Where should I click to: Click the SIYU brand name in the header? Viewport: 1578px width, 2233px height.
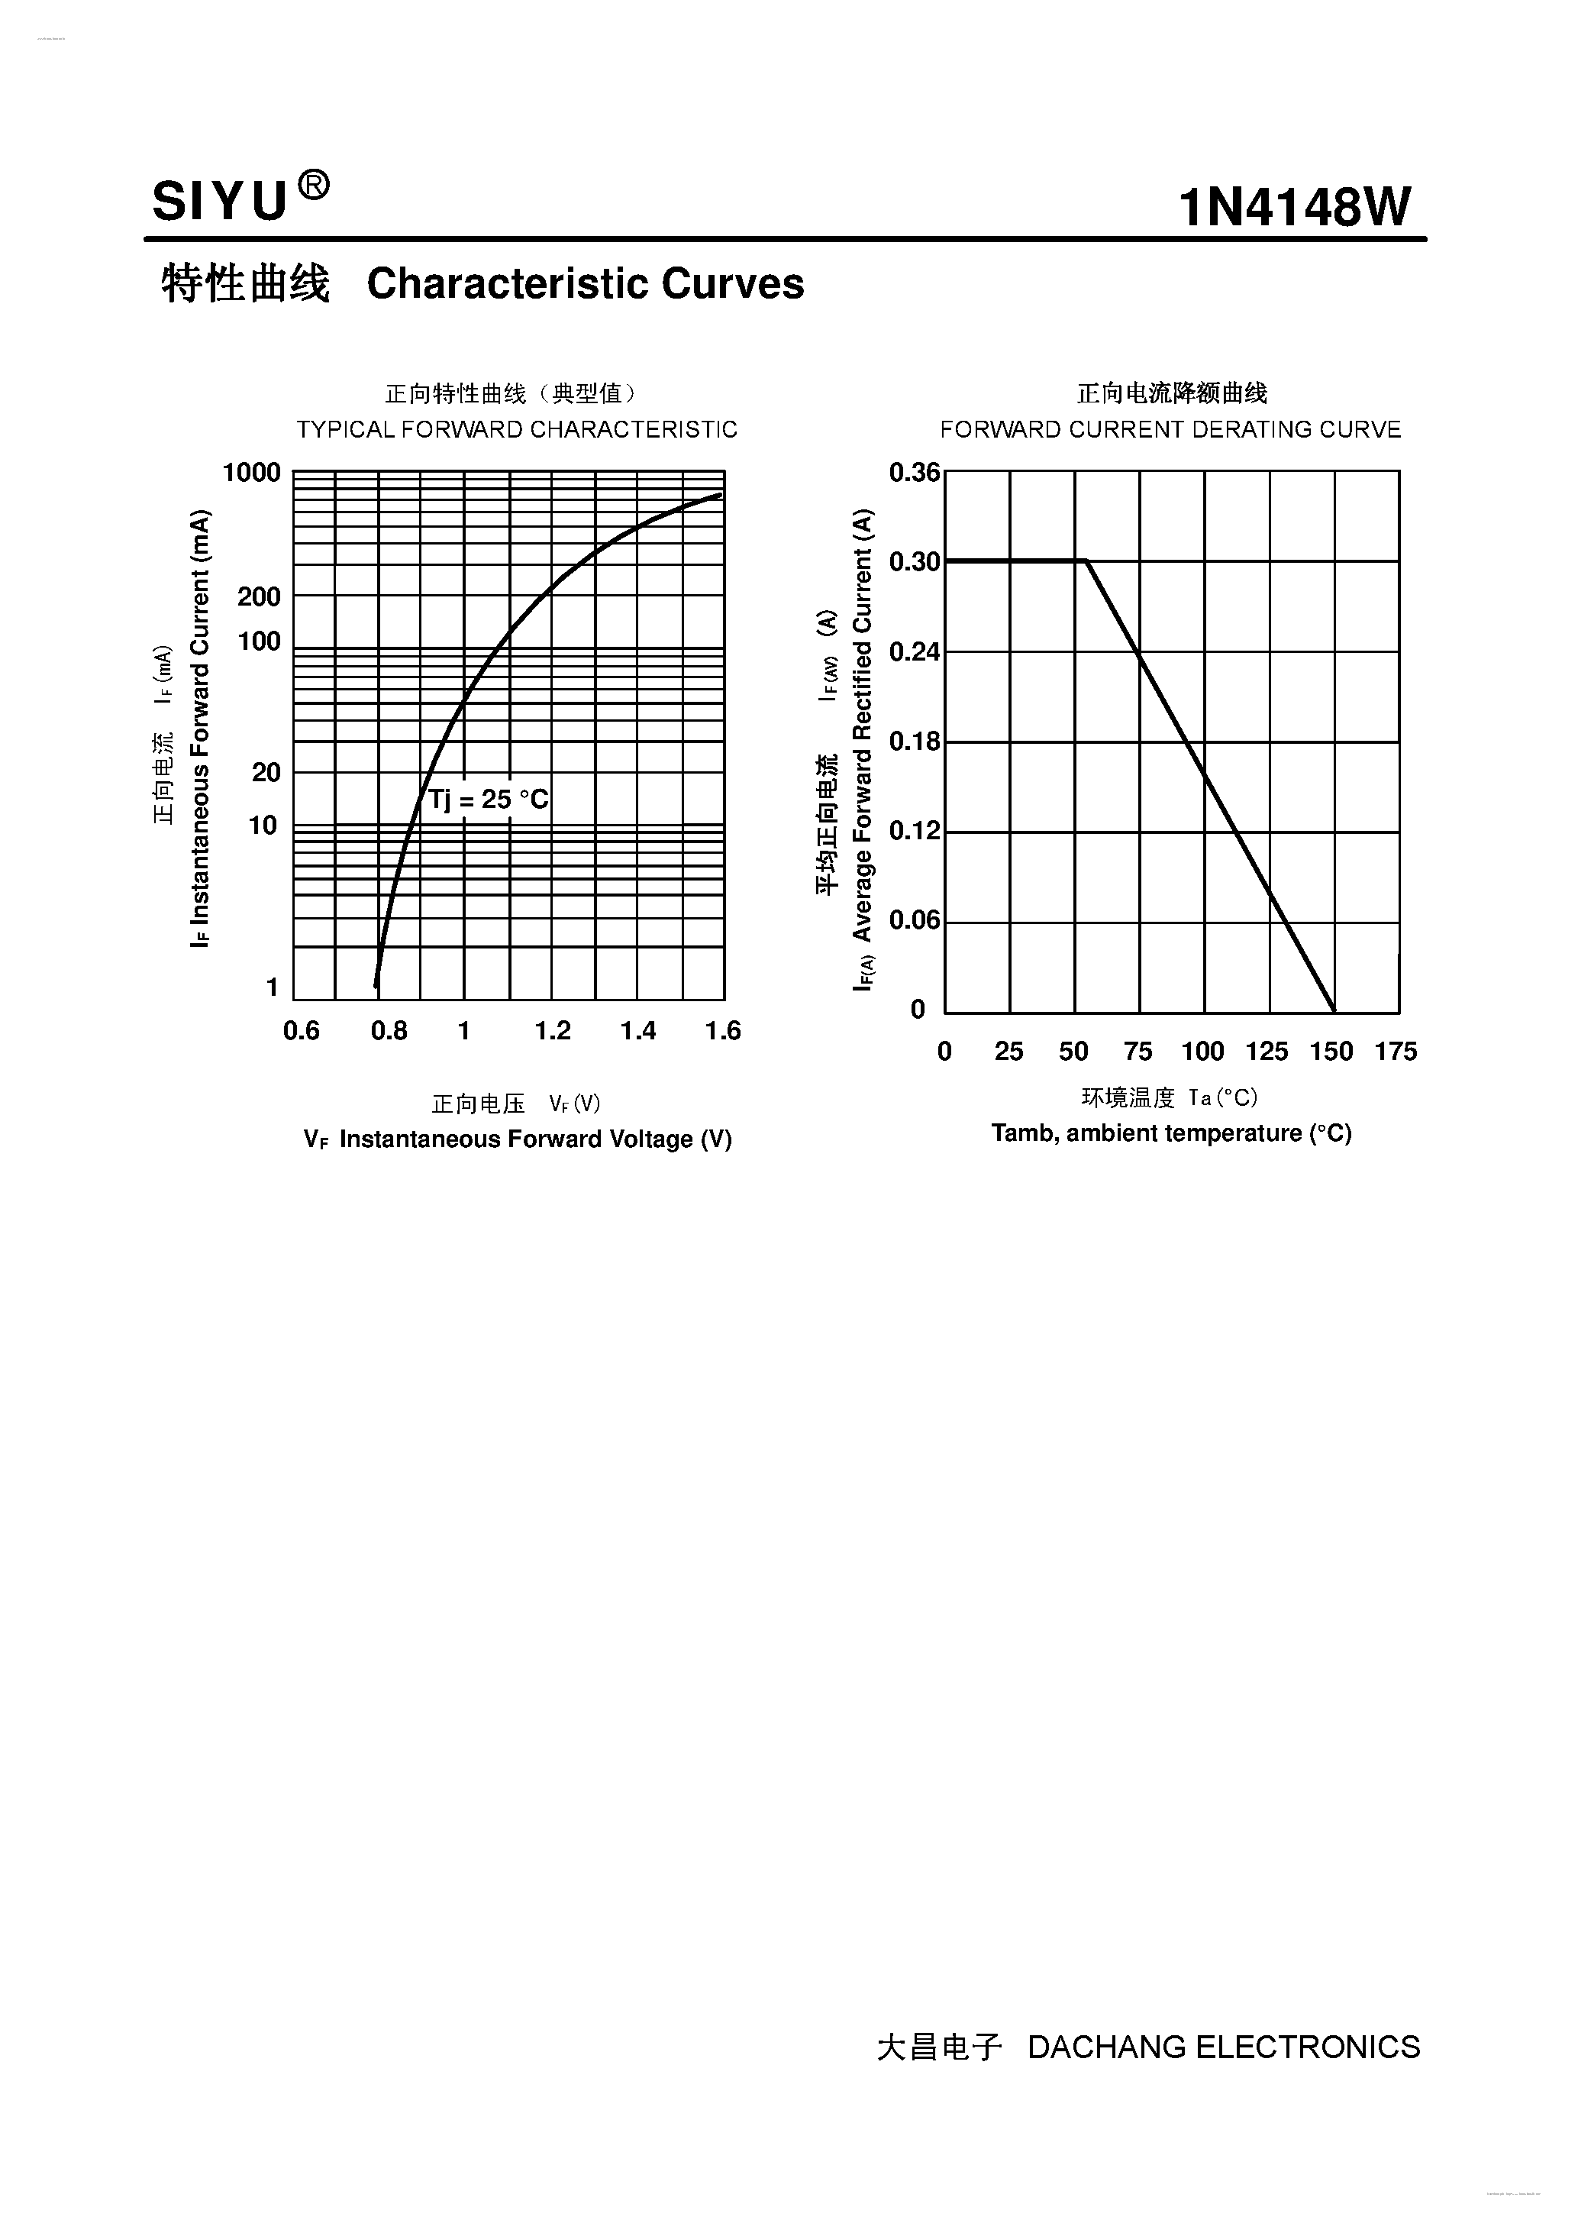(220, 202)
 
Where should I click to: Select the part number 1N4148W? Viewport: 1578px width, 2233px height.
(1293, 207)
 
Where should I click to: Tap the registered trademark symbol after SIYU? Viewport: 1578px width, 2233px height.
(312, 184)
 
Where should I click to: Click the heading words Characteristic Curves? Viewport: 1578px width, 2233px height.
(586, 284)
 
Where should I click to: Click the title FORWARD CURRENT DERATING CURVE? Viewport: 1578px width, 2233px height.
(1170, 429)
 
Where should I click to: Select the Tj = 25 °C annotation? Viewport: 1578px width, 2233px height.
(489, 800)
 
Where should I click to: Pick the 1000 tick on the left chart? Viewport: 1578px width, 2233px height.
(251, 473)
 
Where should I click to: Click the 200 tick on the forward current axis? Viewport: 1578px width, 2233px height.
(259, 596)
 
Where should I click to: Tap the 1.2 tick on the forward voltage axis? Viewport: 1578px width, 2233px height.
(552, 1031)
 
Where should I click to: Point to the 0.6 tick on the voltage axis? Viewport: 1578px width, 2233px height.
(302, 1031)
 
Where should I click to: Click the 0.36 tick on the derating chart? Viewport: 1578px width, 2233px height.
(914, 473)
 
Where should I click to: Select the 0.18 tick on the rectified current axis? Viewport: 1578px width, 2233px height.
(914, 742)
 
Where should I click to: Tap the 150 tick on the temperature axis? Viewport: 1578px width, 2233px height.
(1331, 1052)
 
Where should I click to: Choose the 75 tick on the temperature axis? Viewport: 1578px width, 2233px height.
(1138, 1052)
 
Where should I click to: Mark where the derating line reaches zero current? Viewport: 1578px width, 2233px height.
(1334, 1011)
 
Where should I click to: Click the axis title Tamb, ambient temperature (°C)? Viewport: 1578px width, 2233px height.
(1170, 1133)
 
